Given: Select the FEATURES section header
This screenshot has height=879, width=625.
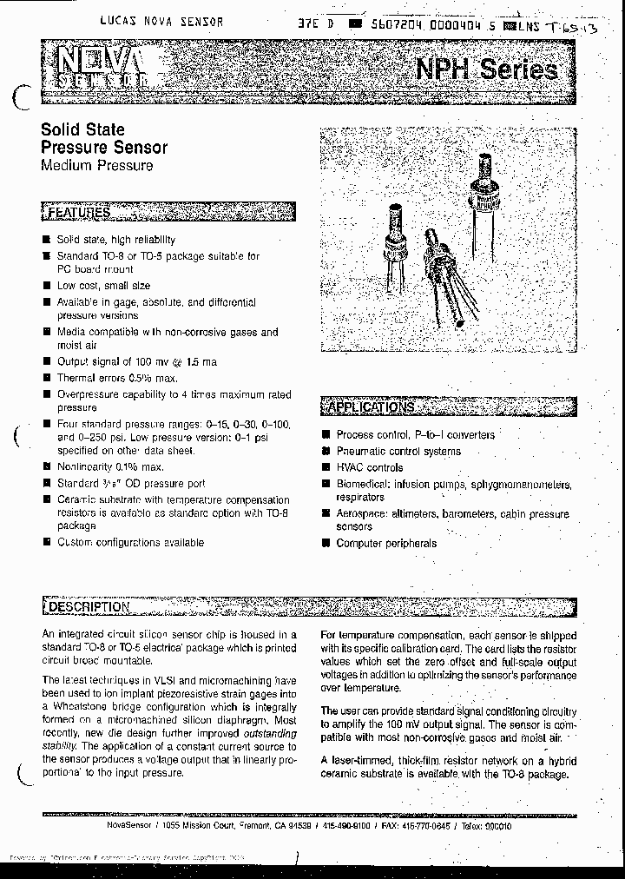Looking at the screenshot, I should tap(78, 212).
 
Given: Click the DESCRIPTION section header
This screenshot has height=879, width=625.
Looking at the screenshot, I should tap(88, 606).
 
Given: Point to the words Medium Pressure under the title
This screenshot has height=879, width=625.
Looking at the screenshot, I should tap(96, 165).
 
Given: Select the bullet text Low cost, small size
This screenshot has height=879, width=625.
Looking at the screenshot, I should tap(103, 285).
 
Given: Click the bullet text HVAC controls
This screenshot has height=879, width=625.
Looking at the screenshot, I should tap(369, 467).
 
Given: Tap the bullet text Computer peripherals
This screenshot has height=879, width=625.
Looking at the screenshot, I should tap(386, 543).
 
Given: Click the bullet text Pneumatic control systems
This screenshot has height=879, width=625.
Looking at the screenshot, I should tap(398, 451).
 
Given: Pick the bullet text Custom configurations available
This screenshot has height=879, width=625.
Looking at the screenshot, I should tap(130, 542).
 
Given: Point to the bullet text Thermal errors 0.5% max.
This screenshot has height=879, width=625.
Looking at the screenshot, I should tap(116, 378).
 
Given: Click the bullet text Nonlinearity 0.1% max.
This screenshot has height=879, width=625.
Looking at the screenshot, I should tap(109, 466).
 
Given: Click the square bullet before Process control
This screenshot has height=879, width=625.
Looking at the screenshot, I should tap(326, 435).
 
